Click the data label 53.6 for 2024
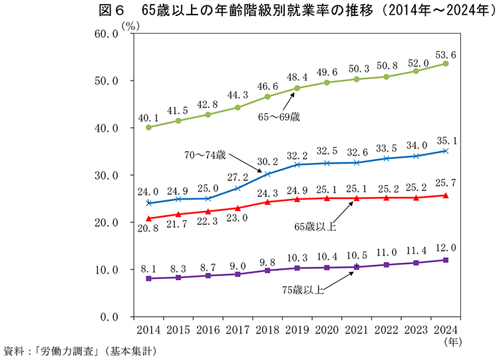[446, 54]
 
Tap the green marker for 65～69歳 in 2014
[148, 127]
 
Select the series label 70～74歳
[205, 156]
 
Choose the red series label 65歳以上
[315, 227]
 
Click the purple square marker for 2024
[446, 260]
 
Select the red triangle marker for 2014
[148, 218]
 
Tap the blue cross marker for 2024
[446, 151]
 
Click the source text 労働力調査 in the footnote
[69, 351]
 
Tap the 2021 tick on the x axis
[357, 329]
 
